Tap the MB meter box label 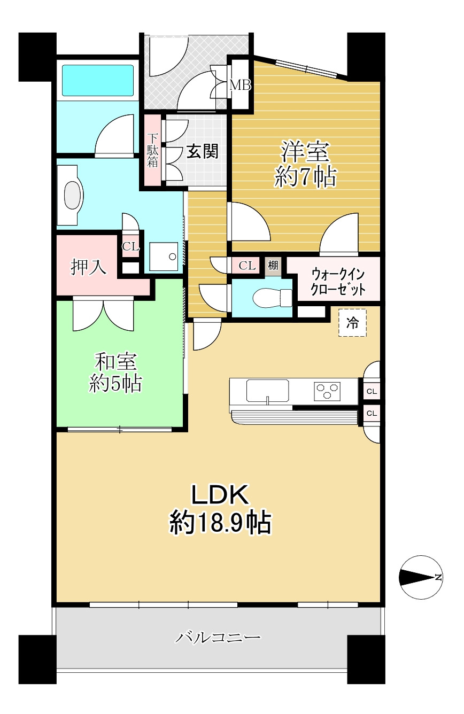click(239, 84)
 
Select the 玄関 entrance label click(202, 152)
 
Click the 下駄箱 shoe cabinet click(153, 151)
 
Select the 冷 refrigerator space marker click(352, 323)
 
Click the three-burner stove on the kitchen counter click(328, 391)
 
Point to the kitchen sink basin click(267, 391)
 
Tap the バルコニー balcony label click(219, 638)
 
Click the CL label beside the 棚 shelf click(246, 265)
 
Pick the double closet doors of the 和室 click(104, 314)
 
